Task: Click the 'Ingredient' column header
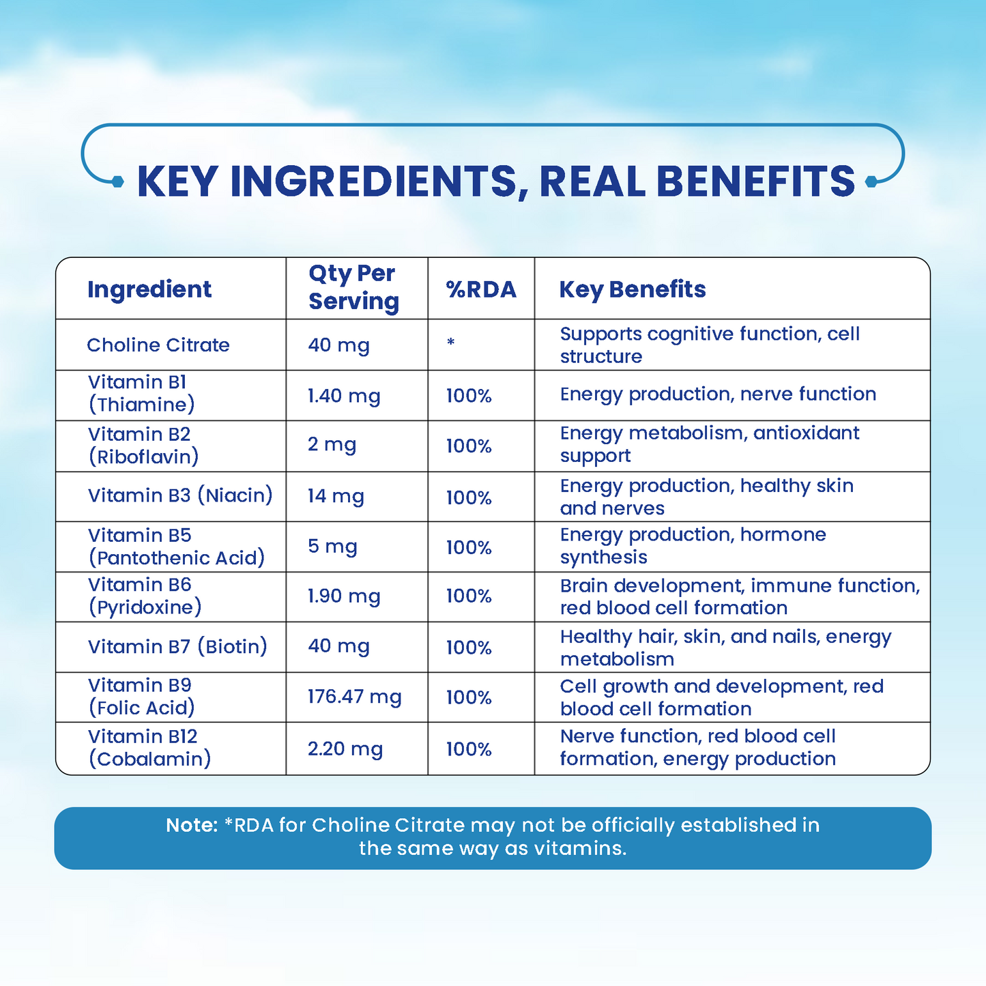[x=149, y=289]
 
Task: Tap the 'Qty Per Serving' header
[x=353, y=287]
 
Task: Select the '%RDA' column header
[x=481, y=289]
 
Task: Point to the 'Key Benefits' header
[x=633, y=289]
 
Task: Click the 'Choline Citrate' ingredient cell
[x=158, y=345]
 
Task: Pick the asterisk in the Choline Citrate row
[x=450, y=343]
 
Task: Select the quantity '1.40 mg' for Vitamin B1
[x=344, y=396]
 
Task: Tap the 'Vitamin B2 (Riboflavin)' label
[x=143, y=446]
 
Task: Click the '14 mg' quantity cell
[x=336, y=496]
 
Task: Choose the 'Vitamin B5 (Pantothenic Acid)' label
[x=176, y=547]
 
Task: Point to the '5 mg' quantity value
[x=332, y=547]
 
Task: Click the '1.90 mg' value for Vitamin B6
[x=344, y=596]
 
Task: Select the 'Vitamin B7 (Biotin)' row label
[x=177, y=646]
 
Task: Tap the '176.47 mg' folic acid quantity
[x=354, y=697]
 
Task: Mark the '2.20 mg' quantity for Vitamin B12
[x=345, y=749]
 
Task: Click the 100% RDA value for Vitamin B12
[x=469, y=749]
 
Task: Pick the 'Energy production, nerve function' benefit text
[x=718, y=394]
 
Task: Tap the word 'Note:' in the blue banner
[x=192, y=826]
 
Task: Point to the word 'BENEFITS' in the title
[x=755, y=182]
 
